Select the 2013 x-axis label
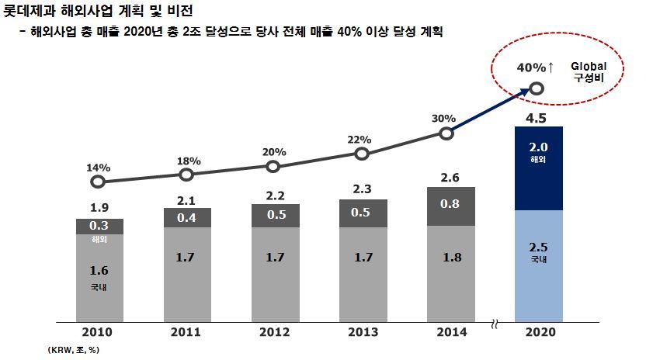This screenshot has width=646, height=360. click(x=361, y=332)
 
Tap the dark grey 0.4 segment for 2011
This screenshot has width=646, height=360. click(x=186, y=218)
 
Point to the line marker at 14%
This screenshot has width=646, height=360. click(x=98, y=182)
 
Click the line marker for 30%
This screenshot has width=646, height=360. click(x=446, y=133)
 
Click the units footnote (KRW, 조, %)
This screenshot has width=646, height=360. click(x=73, y=350)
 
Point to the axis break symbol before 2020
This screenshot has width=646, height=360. click(x=495, y=324)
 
